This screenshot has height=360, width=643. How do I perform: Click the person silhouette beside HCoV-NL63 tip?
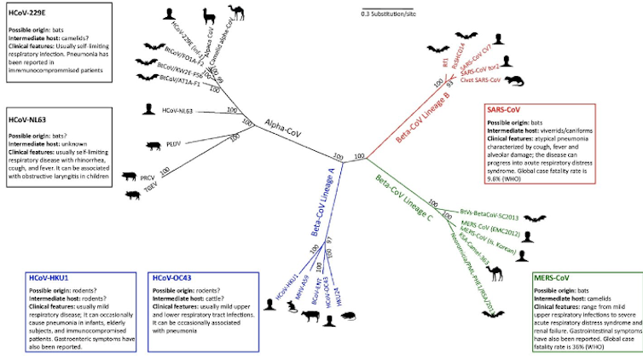[x=149, y=109]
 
